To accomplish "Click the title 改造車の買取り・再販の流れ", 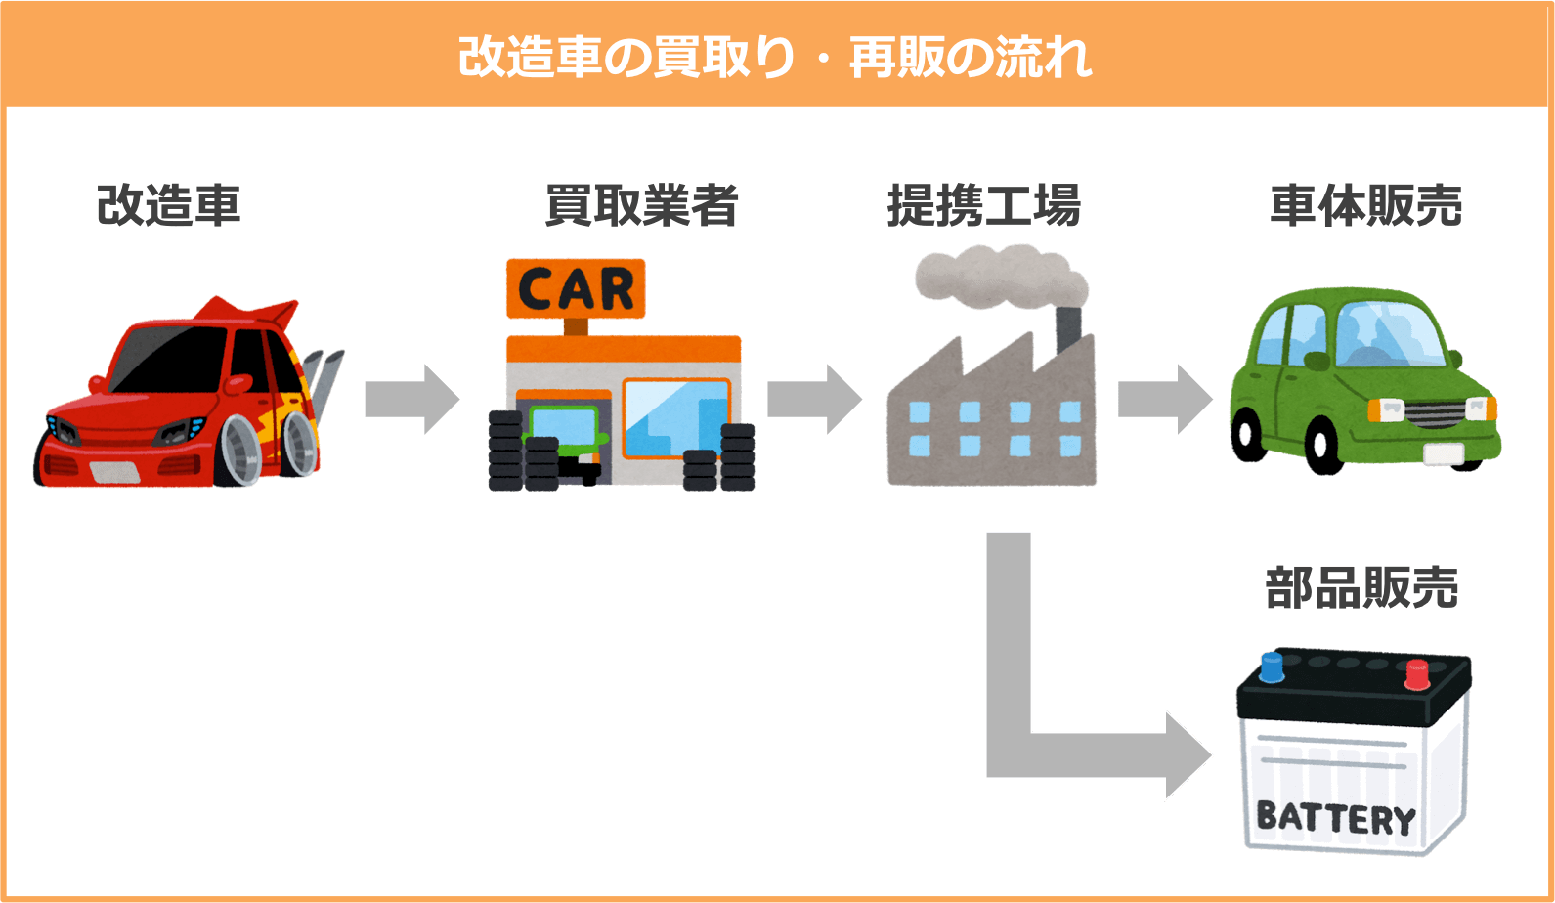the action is tap(775, 57).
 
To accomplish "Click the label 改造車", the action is tap(168, 205).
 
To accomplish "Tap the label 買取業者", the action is tap(641, 205).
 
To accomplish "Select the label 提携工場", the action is tap(983, 205).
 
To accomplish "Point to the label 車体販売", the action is tap(1365, 205).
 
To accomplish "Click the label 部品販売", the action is tap(1361, 588).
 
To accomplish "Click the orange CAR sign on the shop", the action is tap(576, 288).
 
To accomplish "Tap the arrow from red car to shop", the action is tap(410, 399).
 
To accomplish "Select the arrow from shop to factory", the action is tap(813, 399).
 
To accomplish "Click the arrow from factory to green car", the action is tap(1164, 399).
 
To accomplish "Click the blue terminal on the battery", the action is tap(1272, 667).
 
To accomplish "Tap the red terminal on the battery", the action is tap(1416, 674).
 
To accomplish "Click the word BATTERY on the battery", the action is tap(1335, 817).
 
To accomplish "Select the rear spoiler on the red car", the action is tap(249, 310).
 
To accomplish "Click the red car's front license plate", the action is tap(115, 472).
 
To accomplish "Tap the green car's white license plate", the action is tap(1443, 453).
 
